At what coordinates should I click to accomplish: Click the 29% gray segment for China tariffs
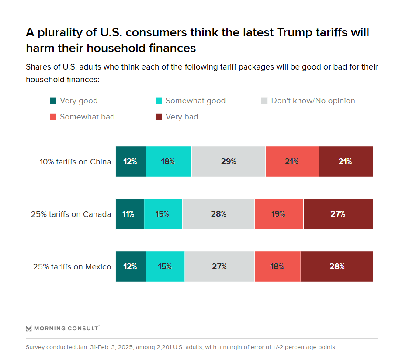coord(228,161)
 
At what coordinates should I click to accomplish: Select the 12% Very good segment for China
coord(131,161)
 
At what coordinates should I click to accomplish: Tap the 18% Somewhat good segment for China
coord(169,161)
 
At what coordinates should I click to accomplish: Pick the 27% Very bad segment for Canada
coord(338,214)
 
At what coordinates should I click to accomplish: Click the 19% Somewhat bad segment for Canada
coord(279,214)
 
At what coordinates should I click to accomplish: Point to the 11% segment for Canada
coord(129,214)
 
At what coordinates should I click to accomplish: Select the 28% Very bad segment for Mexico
coord(337,266)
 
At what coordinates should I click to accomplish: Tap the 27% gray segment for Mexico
coord(219,266)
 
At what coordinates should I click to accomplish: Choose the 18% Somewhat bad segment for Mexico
coord(278,266)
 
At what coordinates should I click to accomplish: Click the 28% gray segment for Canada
coord(218,214)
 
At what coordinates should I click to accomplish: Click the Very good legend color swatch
coord(53,101)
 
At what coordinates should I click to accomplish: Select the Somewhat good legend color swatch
coord(159,101)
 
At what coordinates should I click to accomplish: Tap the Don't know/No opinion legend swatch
coord(264,101)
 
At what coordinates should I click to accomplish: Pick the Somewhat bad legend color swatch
coord(53,117)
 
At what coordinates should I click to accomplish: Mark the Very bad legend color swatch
coord(159,117)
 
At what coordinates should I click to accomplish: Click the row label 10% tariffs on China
coord(75,161)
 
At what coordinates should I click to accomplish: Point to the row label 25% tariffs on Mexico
coord(72,266)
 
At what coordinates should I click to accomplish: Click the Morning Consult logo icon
coord(29,328)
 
